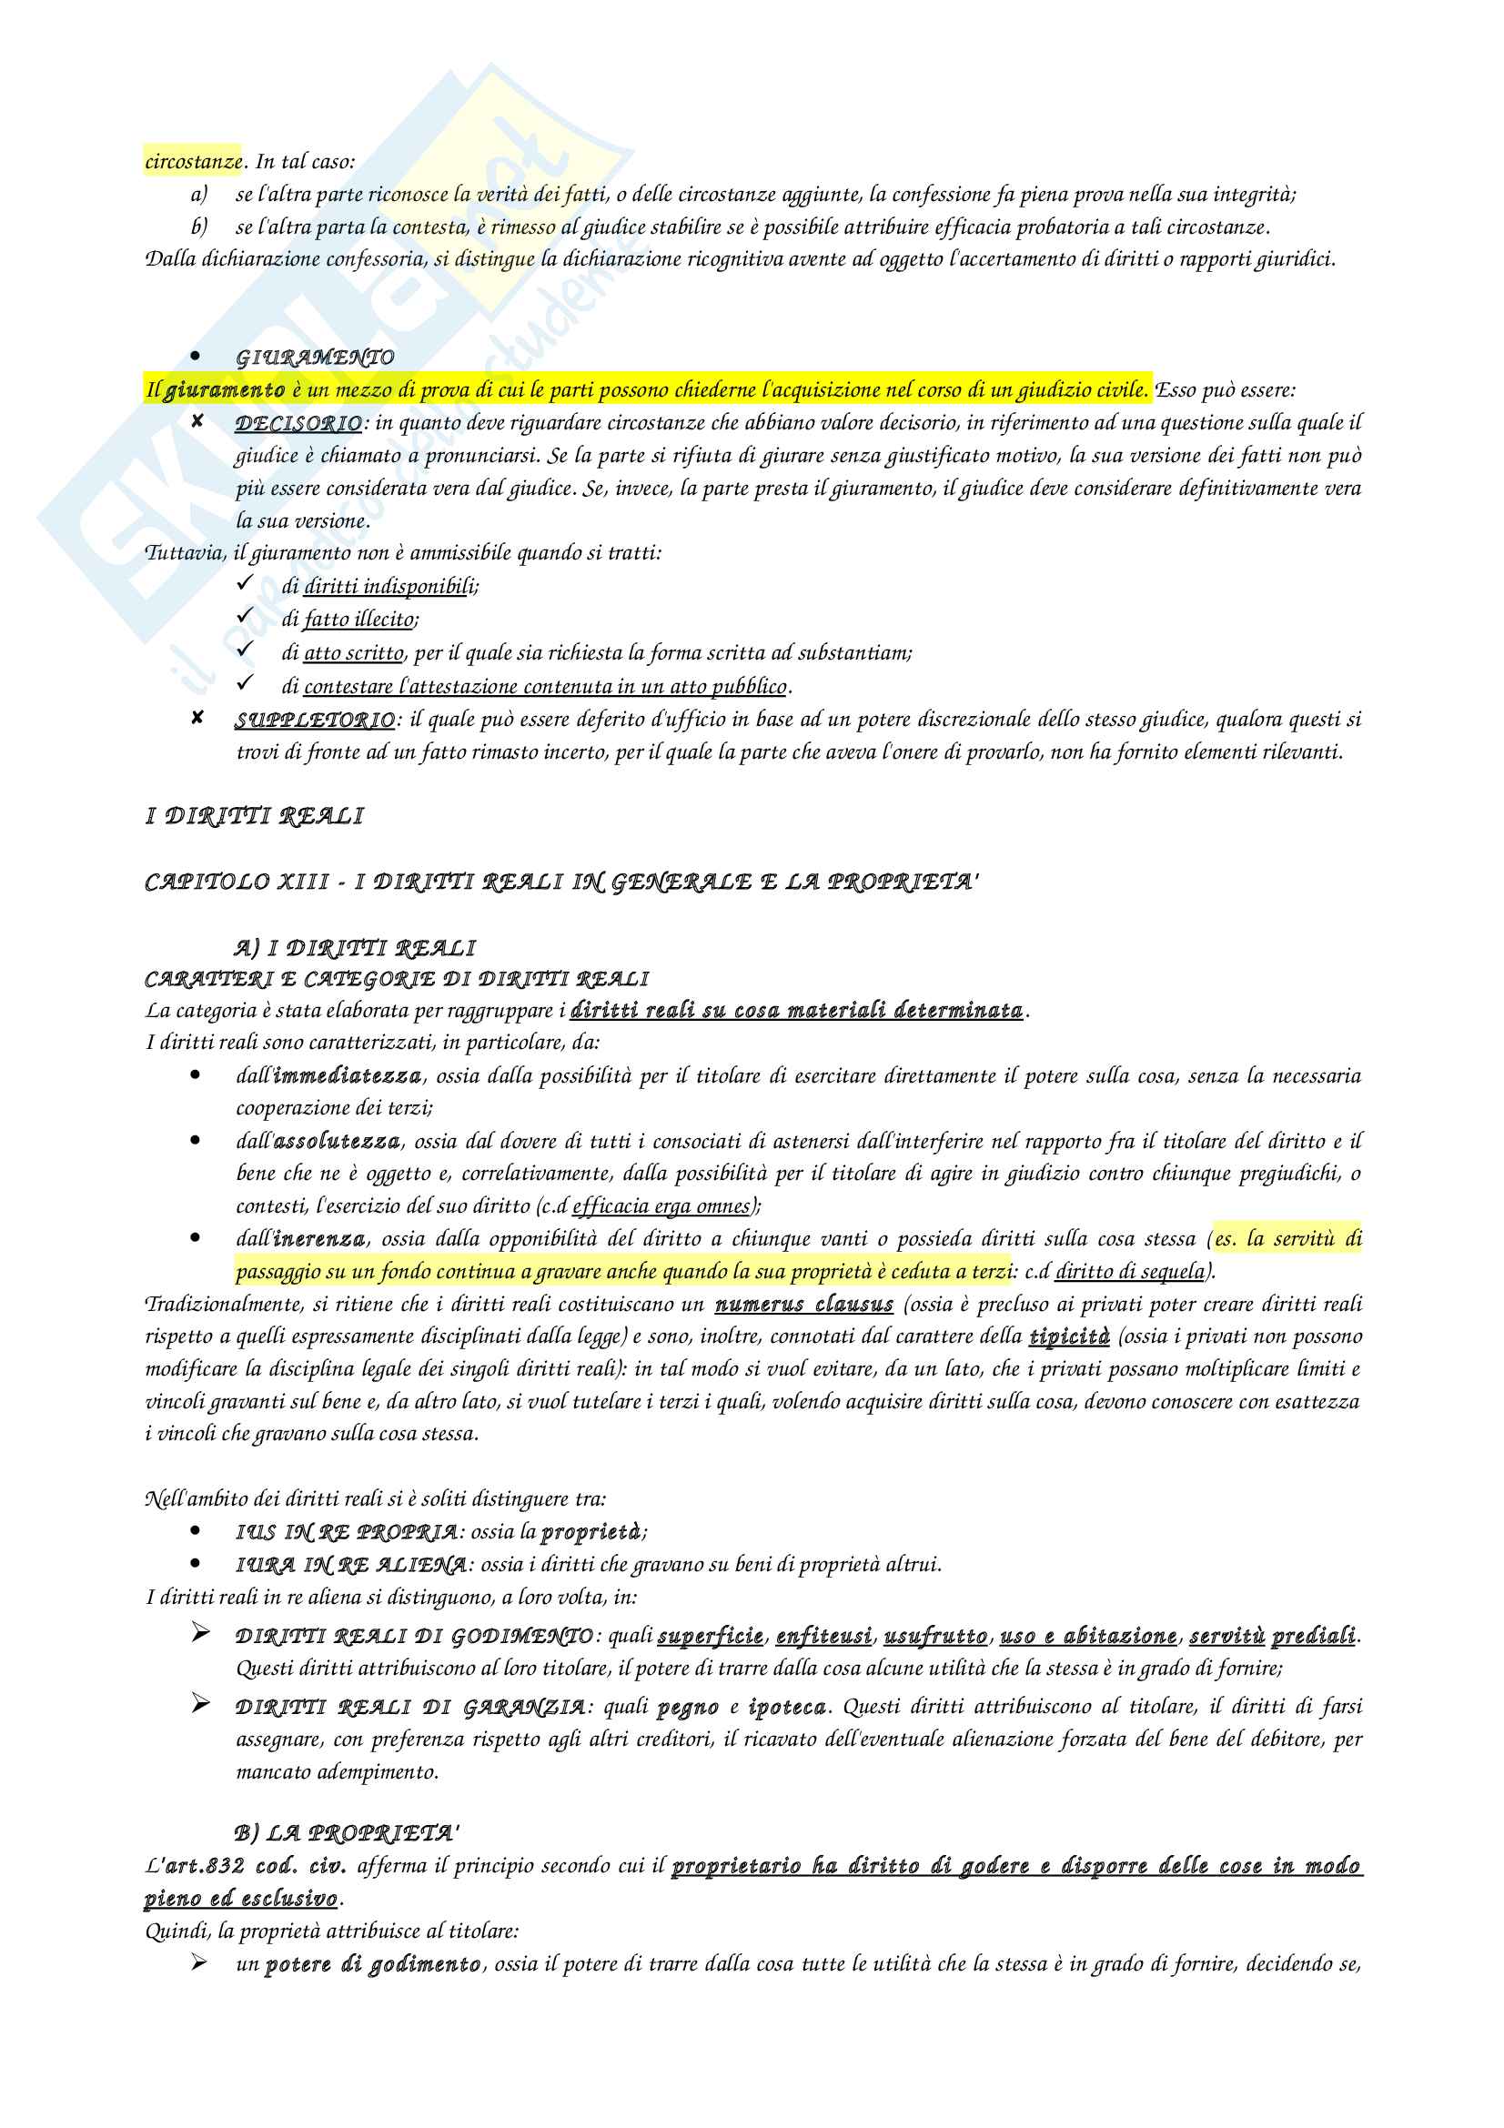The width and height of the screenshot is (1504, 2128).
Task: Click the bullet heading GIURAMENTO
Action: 315,358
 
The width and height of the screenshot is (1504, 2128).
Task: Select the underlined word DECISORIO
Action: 298,424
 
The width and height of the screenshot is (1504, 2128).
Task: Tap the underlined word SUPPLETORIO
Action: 315,721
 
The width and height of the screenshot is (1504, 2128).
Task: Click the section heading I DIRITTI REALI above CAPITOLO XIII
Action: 255,816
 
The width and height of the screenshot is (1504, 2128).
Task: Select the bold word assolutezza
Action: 338,1141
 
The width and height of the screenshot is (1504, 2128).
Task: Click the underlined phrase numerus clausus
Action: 803,1304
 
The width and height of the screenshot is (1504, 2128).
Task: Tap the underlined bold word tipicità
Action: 1069,1336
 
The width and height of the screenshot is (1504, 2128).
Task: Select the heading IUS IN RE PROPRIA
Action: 347,1532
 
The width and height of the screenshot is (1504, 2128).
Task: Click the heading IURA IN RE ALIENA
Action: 351,1566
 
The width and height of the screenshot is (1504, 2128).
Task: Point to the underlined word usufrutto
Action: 936,1636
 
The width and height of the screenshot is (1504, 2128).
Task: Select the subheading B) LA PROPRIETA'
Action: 347,1833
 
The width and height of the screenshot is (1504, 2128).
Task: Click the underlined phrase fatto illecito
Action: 360,620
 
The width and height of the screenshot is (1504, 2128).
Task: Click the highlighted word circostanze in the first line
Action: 193,161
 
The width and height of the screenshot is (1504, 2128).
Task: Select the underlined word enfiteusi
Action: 823,1636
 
